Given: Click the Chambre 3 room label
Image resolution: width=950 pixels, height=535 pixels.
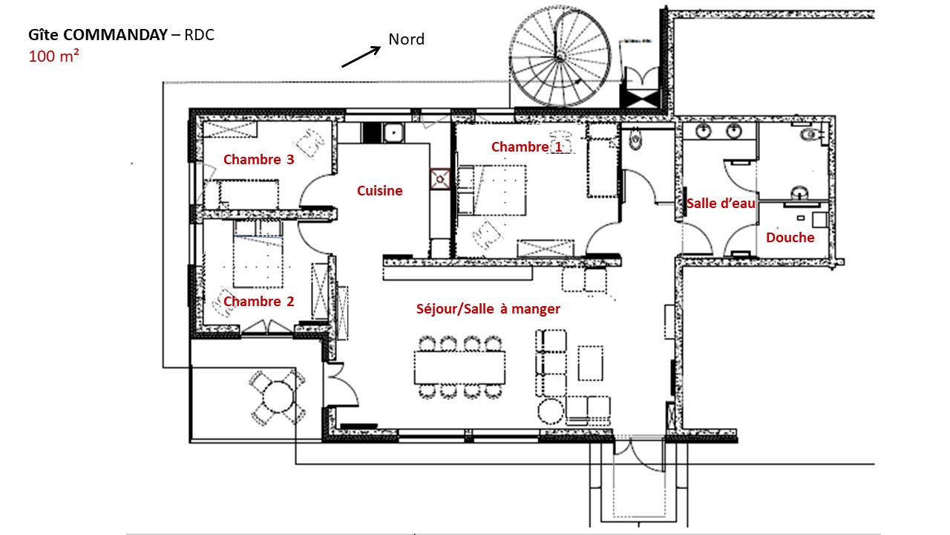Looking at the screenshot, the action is click(x=259, y=159).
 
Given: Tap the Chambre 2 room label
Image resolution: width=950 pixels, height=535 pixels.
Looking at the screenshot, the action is click(x=259, y=301).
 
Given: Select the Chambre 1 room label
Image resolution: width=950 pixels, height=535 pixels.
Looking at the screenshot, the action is click(x=527, y=146).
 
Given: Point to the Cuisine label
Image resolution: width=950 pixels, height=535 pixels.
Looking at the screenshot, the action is click(x=379, y=191).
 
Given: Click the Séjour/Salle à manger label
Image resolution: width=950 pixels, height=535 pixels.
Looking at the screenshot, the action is click(x=488, y=308).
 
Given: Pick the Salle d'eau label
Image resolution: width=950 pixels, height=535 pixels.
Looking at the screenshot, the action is click(x=721, y=203).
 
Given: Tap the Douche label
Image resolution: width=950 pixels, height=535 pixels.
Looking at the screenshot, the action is click(x=790, y=237).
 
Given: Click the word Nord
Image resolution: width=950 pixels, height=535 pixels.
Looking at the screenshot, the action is click(x=406, y=39).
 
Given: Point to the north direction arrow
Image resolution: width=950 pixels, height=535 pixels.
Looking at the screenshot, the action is click(x=361, y=56).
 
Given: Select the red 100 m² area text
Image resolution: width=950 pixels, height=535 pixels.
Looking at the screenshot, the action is click(x=54, y=56).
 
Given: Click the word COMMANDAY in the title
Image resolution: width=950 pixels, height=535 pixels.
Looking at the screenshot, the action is click(x=115, y=35).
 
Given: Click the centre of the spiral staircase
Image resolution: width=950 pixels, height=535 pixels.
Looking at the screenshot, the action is click(x=560, y=56).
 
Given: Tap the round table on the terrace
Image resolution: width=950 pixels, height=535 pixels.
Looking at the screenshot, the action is click(x=278, y=397).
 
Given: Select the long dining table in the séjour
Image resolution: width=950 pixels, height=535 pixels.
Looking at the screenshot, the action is click(x=459, y=368).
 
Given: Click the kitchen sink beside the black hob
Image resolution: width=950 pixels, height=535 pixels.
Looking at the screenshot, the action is click(x=393, y=133).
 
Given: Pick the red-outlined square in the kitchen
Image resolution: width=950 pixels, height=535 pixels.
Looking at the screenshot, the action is click(x=440, y=179).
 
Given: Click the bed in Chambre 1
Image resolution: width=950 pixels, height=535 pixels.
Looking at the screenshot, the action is click(x=492, y=189).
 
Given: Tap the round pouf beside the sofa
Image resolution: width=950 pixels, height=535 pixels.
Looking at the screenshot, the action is click(x=551, y=412).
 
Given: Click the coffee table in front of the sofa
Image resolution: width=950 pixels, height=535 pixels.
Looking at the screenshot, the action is click(x=590, y=363).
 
